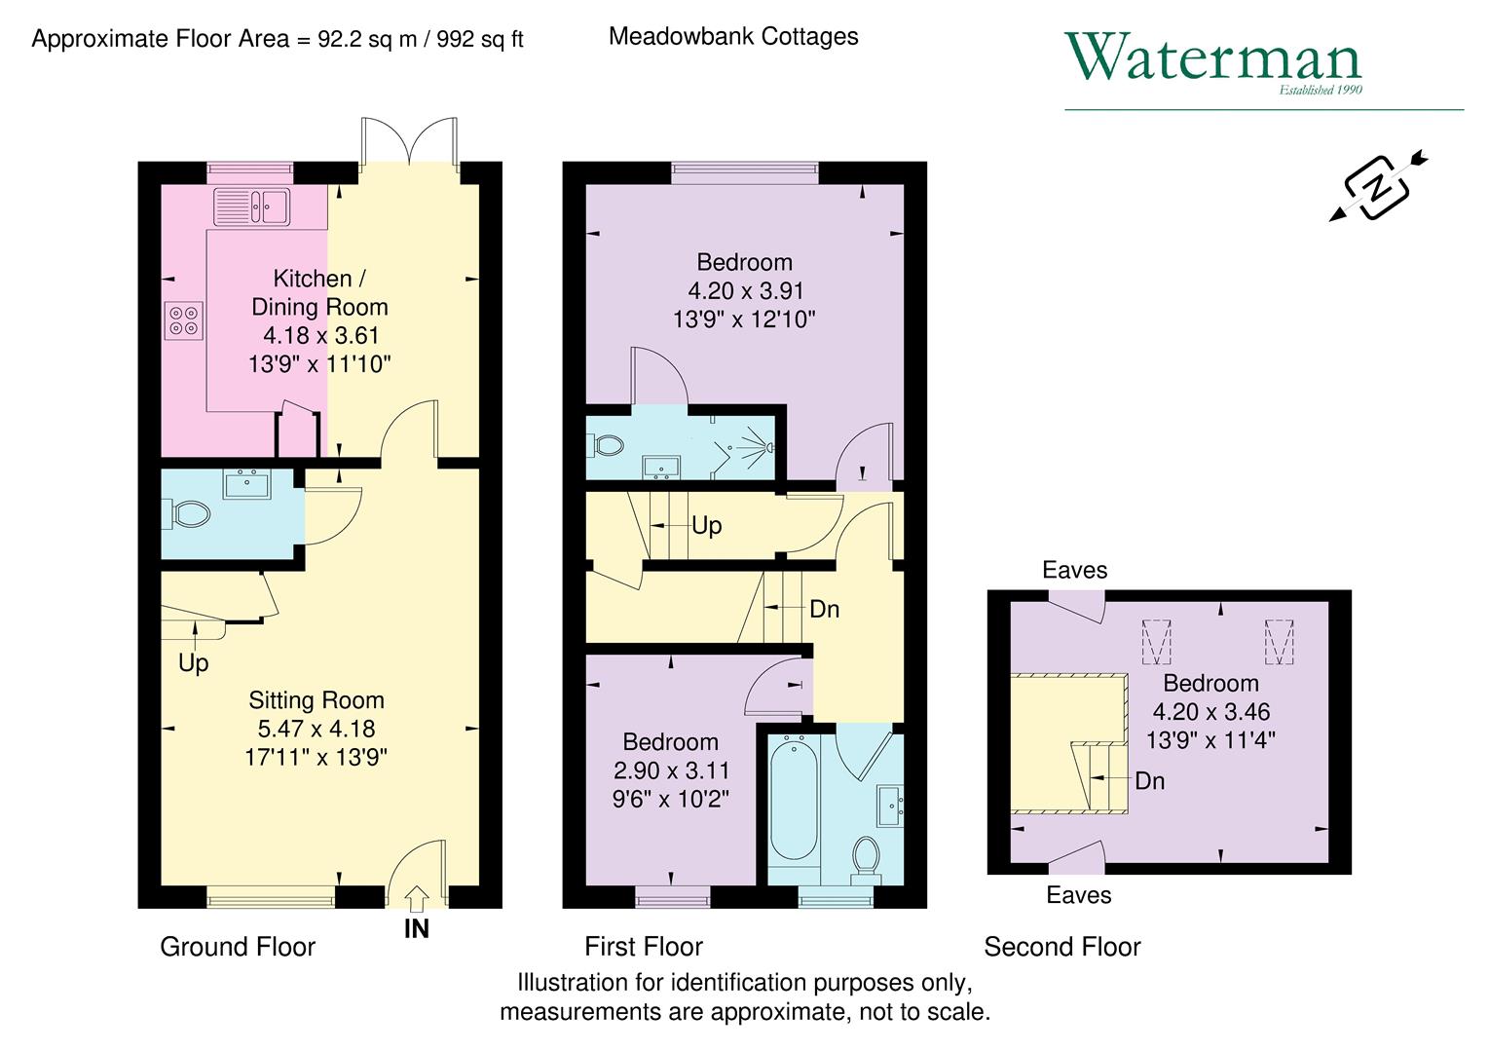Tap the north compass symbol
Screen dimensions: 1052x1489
(x=1377, y=185)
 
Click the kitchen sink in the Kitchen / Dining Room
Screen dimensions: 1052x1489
(x=252, y=207)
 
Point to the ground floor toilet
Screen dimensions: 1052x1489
(x=189, y=513)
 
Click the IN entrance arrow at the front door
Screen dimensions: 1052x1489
(x=416, y=896)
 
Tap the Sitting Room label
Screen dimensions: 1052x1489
(x=316, y=699)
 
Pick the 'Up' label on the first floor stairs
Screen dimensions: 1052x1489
(x=706, y=526)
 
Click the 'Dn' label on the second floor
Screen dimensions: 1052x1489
(x=1149, y=781)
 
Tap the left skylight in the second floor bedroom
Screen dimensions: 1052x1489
(x=1156, y=641)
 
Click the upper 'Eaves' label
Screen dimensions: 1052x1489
(x=1074, y=570)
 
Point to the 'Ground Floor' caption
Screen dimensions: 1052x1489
(x=238, y=947)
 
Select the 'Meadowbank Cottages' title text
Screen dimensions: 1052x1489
(x=733, y=37)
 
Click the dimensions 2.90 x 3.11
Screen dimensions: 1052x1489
(x=671, y=770)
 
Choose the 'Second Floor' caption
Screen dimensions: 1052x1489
(x=1061, y=947)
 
